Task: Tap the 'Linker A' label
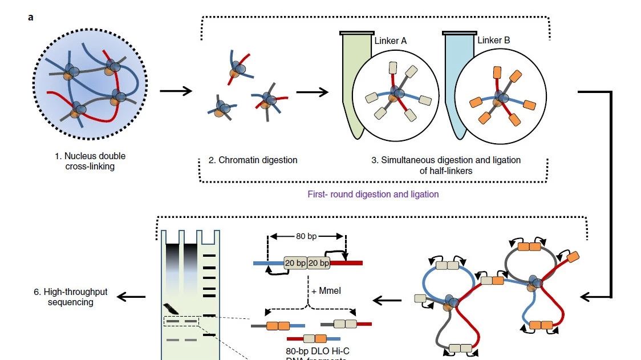[x=390, y=41]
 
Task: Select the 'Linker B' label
[x=493, y=40]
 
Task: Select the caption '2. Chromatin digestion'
[x=253, y=160]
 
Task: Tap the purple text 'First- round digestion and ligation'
[x=373, y=194]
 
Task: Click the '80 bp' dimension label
[x=307, y=236]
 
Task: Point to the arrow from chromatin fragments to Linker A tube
[x=312, y=91]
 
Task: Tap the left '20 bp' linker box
[x=295, y=263]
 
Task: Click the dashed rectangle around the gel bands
[x=181, y=321]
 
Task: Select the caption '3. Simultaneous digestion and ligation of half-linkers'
[x=446, y=165]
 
